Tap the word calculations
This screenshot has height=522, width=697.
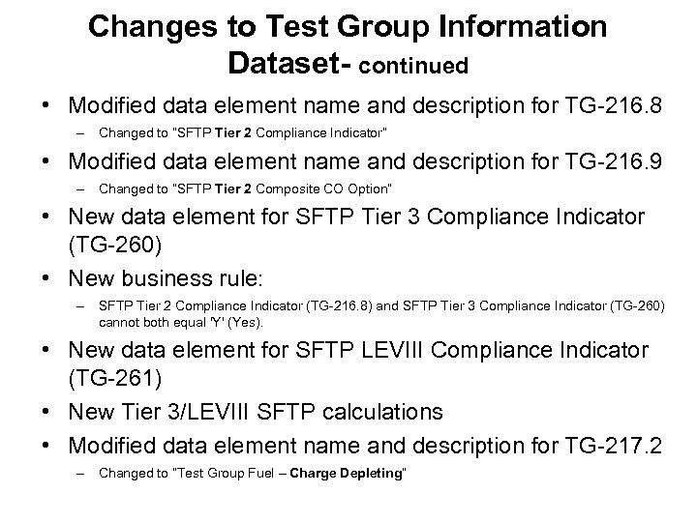point(383,413)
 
